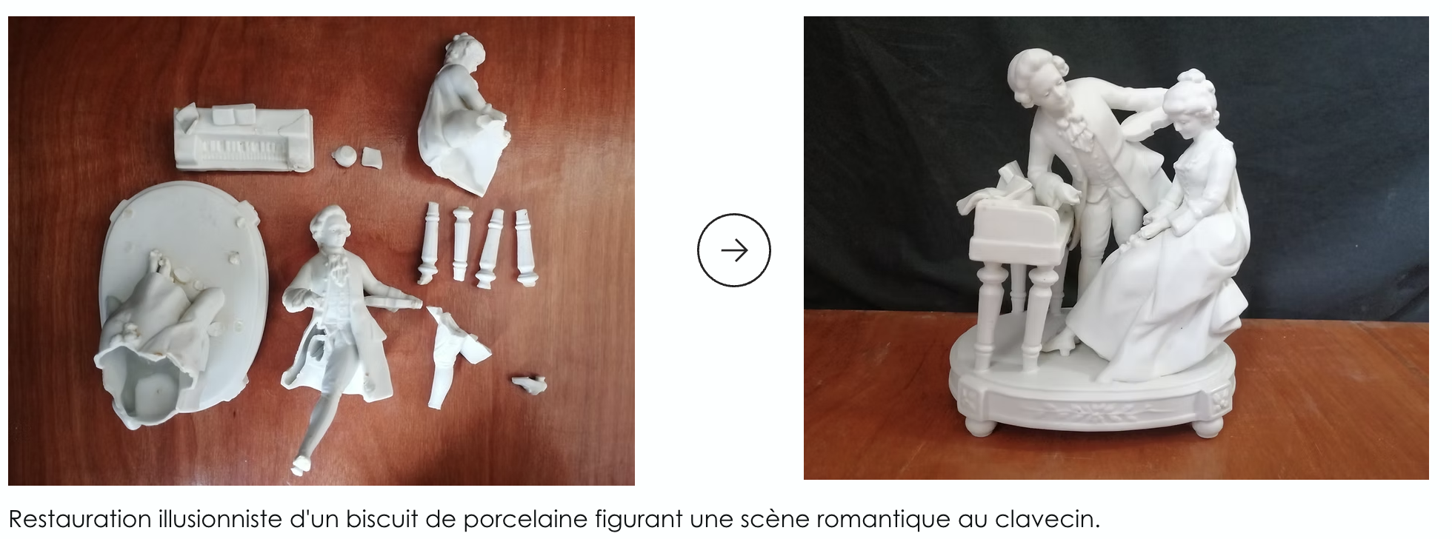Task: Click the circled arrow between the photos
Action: coord(733,250)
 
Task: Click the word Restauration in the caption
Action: coord(78,518)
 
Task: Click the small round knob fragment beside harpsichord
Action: coord(343,156)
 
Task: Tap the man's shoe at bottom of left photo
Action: coord(300,465)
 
